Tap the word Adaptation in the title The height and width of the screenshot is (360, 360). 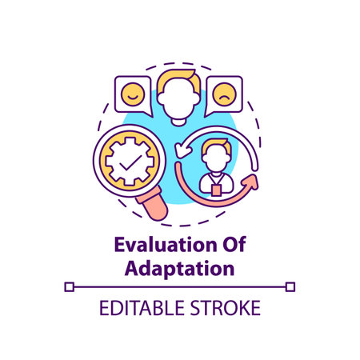click(x=180, y=267)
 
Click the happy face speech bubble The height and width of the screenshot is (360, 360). click(x=131, y=94)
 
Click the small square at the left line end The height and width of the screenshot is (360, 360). click(x=68, y=286)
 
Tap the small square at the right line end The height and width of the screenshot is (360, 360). click(x=290, y=286)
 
